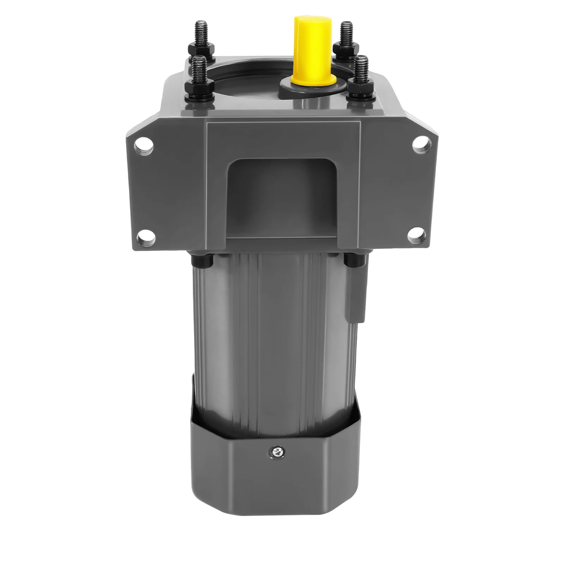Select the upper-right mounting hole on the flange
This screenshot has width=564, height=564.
(x=420, y=143)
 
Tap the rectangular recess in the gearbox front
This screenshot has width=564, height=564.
(x=282, y=197)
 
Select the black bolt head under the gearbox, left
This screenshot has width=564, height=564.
(x=202, y=261)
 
